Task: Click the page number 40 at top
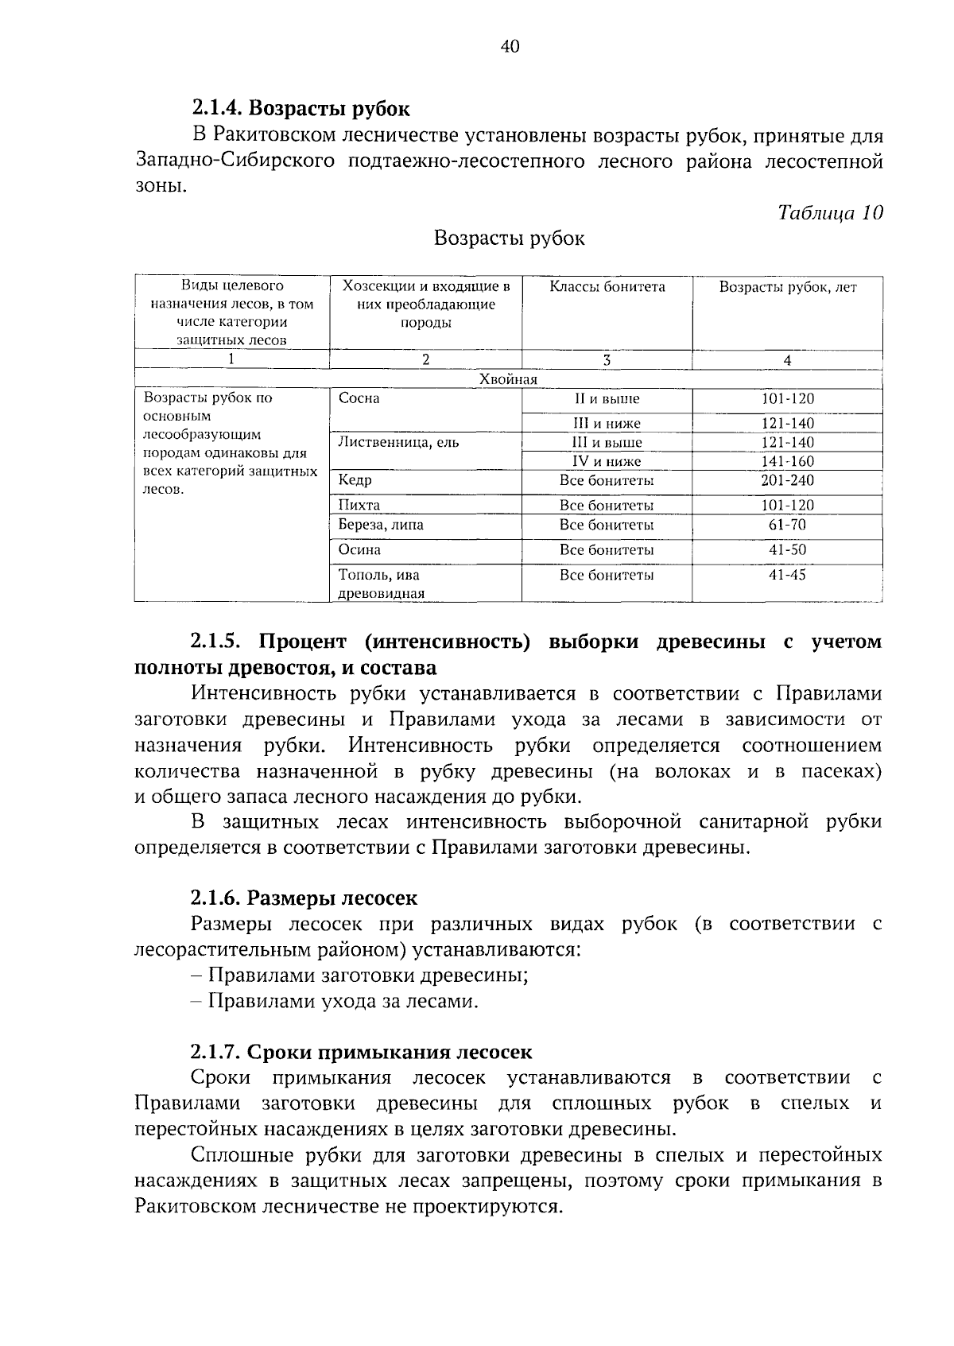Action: [510, 48]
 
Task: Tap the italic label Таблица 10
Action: [830, 212]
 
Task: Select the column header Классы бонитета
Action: [607, 287]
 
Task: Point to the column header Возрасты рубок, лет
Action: [787, 288]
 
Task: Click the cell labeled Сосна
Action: [359, 398]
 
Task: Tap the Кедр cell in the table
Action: [355, 479]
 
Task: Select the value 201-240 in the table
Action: [787, 480]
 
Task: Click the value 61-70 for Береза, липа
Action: [787, 525]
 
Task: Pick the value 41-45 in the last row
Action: [787, 574]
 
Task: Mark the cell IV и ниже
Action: [607, 461]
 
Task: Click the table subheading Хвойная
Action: [509, 379]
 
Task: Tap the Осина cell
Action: [359, 549]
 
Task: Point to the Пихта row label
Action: [359, 505]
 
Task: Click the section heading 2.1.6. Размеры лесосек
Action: [304, 898]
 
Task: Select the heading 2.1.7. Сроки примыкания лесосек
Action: [361, 1052]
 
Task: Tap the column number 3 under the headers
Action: [607, 359]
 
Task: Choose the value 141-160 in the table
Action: [787, 461]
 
